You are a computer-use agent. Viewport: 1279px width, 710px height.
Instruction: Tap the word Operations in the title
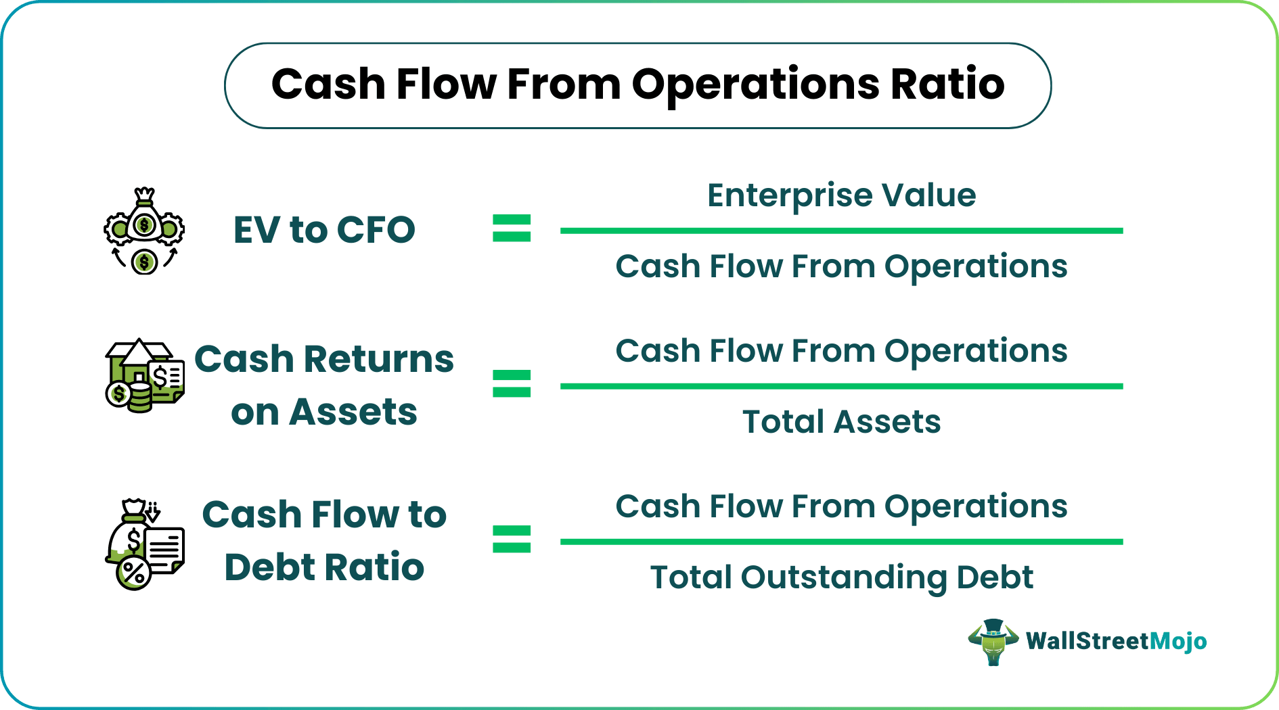[x=755, y=86]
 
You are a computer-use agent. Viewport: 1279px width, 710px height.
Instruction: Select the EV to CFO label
[x=324, y=229]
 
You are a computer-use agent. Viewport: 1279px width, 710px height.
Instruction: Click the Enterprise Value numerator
[x=841, y=195]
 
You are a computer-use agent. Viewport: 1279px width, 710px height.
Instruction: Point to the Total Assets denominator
[x=841, y=422]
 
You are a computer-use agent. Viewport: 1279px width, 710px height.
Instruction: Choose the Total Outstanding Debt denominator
[x=841, y=577]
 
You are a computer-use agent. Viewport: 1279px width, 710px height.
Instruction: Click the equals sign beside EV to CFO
[x=512, y=229]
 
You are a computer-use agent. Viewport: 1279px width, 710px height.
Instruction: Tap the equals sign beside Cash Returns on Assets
[x=512, y=383]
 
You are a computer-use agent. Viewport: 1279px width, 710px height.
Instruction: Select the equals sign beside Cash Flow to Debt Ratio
[x=512, y=539]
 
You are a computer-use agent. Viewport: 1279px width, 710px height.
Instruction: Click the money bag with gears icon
[x=144, y=230]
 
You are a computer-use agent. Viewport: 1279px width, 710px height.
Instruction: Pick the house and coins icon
[x=144, y=376]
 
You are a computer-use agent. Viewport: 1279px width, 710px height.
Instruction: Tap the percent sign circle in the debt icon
[x=134, y=572]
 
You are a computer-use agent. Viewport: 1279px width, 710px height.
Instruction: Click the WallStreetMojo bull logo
[x=993, y=642]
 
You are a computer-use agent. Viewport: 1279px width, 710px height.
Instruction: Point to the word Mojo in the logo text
[x=1178, y=641]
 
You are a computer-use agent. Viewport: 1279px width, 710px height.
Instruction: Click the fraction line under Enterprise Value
[x=841, y=231]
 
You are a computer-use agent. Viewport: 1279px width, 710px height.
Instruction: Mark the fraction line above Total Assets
[x=841, y=386]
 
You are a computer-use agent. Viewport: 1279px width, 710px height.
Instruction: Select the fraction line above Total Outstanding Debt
[x=841, y=542]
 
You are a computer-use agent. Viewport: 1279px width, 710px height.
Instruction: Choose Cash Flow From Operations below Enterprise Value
[x=841, y=266]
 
